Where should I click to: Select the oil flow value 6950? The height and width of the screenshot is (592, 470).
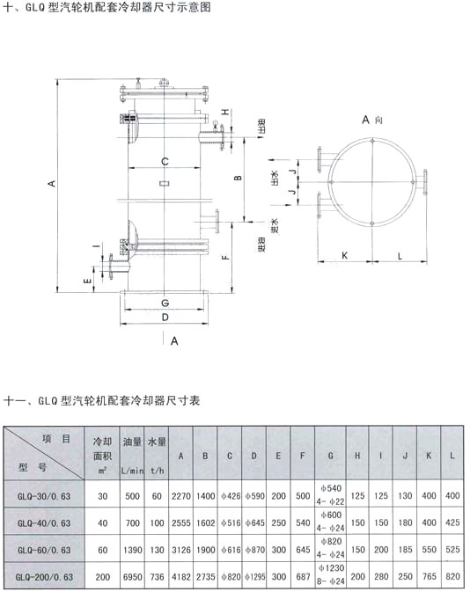click(129, 575)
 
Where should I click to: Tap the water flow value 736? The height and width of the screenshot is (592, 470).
click(157, 575)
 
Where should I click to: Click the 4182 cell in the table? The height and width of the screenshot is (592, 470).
click(180, 575)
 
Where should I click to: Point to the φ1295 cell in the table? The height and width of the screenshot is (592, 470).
click(253, 575)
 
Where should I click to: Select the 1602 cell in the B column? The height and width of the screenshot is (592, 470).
click(205, 523)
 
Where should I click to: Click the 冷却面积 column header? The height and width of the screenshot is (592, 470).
click(102, 449)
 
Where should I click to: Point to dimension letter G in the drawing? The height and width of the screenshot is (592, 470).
click(165, 303)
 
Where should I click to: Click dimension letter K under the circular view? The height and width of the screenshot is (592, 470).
click(345, 255)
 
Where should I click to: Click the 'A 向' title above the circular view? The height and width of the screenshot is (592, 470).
click(373, 117)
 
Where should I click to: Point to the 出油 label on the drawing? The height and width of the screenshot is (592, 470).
click(261, 127)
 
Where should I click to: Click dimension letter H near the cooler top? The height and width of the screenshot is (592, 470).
click(224, 113)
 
